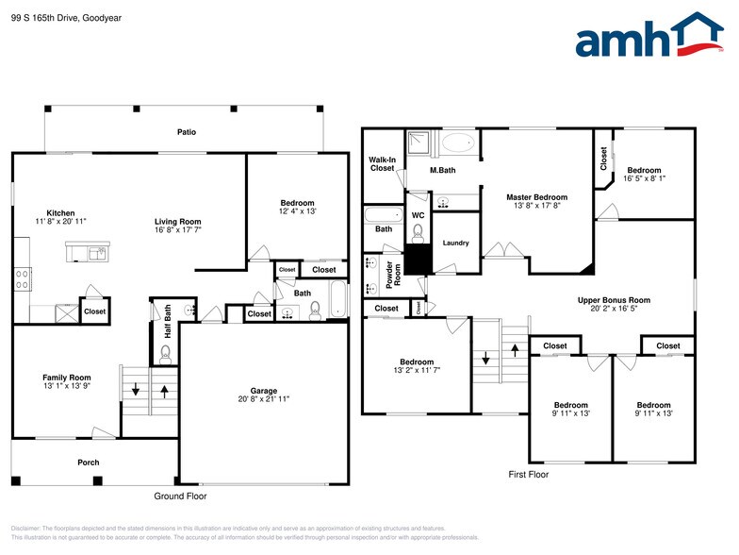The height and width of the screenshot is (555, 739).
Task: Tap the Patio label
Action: pos(187,132)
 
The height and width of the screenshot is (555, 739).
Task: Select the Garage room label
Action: pos(263,390)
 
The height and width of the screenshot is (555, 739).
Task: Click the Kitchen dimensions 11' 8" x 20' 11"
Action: pos(61,221)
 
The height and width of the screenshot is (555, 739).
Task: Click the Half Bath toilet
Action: pos(166,354)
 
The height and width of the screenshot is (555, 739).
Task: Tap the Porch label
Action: pos(88,462)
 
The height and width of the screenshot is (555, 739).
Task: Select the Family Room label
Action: pos(66,378)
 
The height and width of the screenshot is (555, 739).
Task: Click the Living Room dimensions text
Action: pos(178,230)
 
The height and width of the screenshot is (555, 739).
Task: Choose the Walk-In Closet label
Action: pos(382,163)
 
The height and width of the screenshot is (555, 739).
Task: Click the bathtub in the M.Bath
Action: pos(459,144)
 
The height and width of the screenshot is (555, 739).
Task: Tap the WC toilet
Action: pos(419,233)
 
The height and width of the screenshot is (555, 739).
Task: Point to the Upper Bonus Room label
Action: pos(614,300)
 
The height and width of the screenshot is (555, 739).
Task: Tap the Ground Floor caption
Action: pos(180,496)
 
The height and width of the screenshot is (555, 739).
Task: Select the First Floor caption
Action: pos(528,474)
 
